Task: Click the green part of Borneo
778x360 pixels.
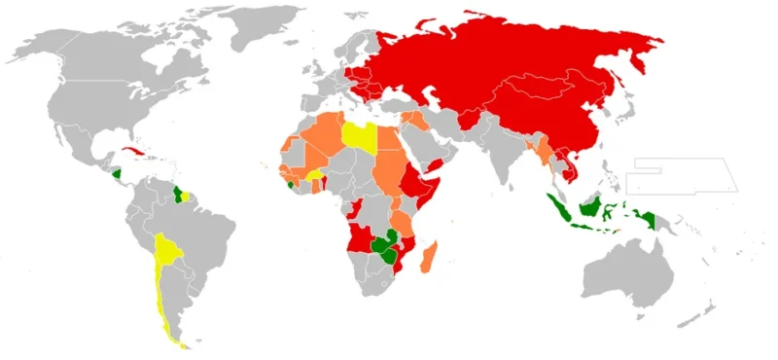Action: pyautogui.click(x=588, y=206)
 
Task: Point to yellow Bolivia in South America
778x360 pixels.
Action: pyautogui.click(x=169, y=251)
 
